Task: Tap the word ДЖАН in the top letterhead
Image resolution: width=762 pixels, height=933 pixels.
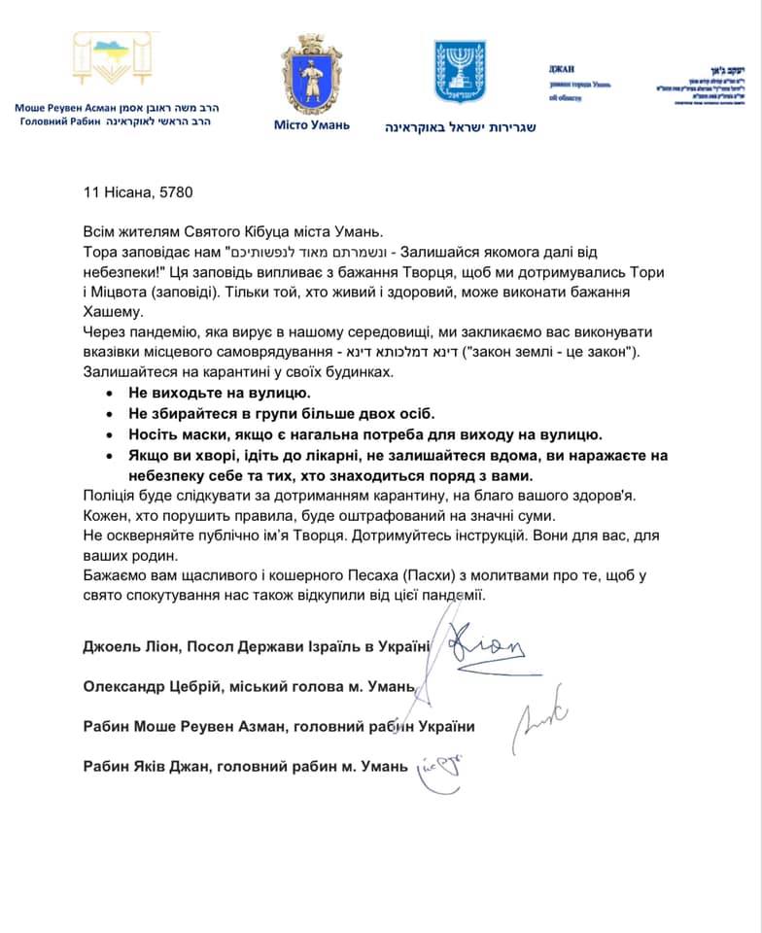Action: [562, 68]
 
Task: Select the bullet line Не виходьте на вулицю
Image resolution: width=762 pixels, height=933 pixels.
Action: [219, 394]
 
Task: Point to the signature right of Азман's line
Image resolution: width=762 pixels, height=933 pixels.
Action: [540, 724]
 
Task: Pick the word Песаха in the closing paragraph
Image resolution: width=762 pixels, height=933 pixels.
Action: [370, 575]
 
